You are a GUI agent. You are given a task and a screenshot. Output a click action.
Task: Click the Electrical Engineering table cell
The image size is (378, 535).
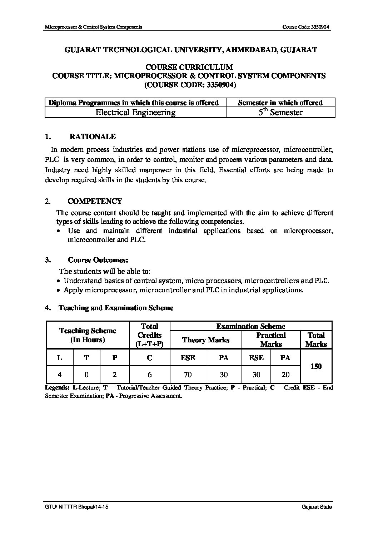coord(135,113)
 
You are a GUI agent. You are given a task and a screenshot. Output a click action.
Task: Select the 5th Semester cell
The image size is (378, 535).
coord(280,113)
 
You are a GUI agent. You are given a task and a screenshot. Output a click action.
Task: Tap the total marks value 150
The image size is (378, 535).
coord(316,366)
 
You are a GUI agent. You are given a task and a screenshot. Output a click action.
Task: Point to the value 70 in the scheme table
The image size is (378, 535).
coord(188,375)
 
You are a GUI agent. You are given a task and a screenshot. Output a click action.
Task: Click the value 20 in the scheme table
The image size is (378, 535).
coord(285,375)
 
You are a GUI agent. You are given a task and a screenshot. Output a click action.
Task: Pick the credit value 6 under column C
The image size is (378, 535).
coord(150,375)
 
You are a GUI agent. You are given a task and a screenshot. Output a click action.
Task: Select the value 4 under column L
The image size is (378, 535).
coord(60,375)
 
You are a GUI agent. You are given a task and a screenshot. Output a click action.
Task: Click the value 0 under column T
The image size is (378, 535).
coord(86,375)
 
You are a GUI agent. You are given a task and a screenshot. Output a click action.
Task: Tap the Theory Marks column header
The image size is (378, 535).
coord(206,340)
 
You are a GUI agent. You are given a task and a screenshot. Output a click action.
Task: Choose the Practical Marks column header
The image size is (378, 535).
coord(271,340)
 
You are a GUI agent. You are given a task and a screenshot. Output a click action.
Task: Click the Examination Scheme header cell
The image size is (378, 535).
coord(251,326)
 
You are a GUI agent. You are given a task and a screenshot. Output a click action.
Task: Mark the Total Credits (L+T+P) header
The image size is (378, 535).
coord(150,335)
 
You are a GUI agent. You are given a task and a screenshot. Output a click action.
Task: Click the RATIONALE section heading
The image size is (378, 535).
coord(92,137)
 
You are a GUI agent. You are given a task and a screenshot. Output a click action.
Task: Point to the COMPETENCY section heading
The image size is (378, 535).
coord(95,201)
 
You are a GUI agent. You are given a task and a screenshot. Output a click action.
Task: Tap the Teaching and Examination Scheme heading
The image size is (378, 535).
coord(116,308)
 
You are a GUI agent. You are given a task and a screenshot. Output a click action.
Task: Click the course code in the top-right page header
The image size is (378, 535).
coord(306,27)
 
